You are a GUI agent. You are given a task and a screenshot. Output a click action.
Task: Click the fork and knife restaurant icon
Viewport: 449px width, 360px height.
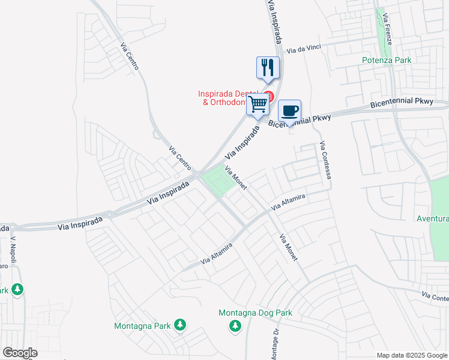[x=268, y=67]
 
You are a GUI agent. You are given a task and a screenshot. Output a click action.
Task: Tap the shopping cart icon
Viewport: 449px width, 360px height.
[x=258, y=104]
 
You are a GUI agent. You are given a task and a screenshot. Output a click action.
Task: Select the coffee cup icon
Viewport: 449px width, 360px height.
[x=289, y=110]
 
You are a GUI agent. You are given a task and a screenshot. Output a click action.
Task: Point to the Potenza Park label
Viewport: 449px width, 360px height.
[x=386, y=60]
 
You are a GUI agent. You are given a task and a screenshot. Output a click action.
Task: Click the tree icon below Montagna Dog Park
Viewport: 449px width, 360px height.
[x=235, y=325]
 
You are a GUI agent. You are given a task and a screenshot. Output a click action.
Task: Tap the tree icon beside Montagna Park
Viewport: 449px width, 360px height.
[x=179, y=325]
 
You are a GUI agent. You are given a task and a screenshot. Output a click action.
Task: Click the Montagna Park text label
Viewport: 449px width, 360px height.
[x=142, y=326]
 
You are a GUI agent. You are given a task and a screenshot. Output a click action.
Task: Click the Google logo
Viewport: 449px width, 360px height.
[x=20, y=353]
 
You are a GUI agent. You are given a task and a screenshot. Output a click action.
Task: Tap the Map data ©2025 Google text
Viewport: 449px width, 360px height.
[x=411, y=355]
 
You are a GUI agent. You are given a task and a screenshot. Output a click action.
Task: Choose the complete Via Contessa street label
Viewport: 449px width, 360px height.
[x=325, y=161]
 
